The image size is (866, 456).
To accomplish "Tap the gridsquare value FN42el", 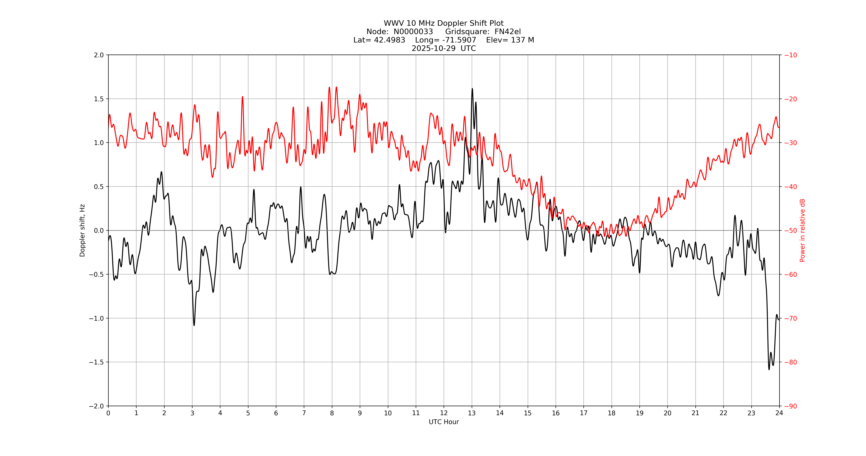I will (x=508, y=32).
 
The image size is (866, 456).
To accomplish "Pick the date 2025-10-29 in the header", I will (x=434, y=48).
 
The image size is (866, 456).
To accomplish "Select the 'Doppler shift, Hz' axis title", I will (x=82, y=230).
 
